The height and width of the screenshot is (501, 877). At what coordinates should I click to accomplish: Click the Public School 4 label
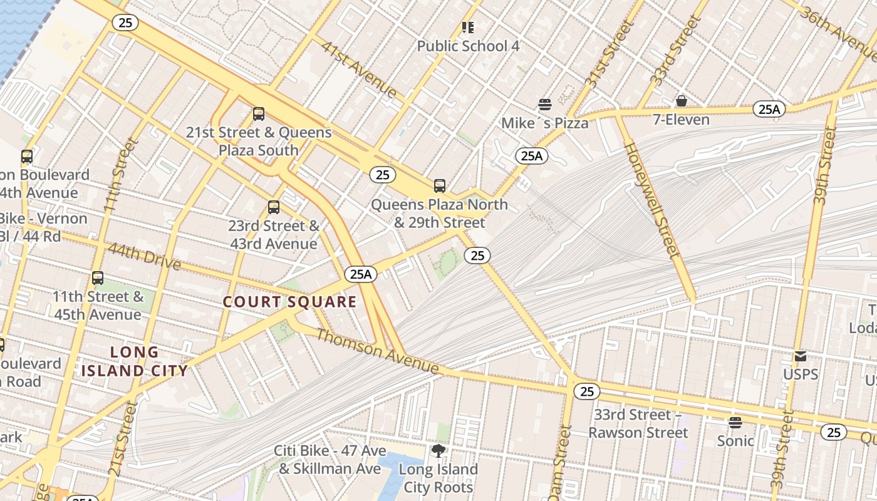[x=468, y=46]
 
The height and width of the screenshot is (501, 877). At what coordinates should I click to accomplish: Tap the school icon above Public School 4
[x=468, y=28]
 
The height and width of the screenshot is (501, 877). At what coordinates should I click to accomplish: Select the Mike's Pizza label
[x=544, y=123]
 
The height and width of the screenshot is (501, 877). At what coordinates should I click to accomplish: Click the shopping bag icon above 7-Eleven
[x=681, y=101]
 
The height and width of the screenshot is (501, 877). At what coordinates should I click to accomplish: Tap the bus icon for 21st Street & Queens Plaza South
[x=259, y=114]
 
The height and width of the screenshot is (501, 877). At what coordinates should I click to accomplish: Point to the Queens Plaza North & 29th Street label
[x=439, y=214]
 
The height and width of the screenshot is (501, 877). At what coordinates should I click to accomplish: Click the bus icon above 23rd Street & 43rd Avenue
[x=274, y=207]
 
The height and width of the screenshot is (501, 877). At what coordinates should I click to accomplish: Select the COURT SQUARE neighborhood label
[x=290, y=302]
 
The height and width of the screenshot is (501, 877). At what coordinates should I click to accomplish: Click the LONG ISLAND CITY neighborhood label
[x=135, y=361]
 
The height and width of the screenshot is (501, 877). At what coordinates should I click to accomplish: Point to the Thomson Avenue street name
[x=377, y=351]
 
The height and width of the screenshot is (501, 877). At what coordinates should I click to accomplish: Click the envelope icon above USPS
[x=801, y=356]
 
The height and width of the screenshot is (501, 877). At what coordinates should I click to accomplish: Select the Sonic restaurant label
[x=735, y=440]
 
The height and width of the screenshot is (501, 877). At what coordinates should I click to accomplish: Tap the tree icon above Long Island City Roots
[x=438, y=450]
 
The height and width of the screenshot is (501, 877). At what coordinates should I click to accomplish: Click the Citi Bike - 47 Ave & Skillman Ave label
[x=330, y=460]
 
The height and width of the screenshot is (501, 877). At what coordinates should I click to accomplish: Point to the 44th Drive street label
[x=144, y=256]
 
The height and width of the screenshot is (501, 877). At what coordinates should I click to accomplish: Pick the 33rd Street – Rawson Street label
[x=638, y=423]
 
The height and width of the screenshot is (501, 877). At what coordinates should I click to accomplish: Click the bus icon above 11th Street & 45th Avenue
[x=98, y=278]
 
